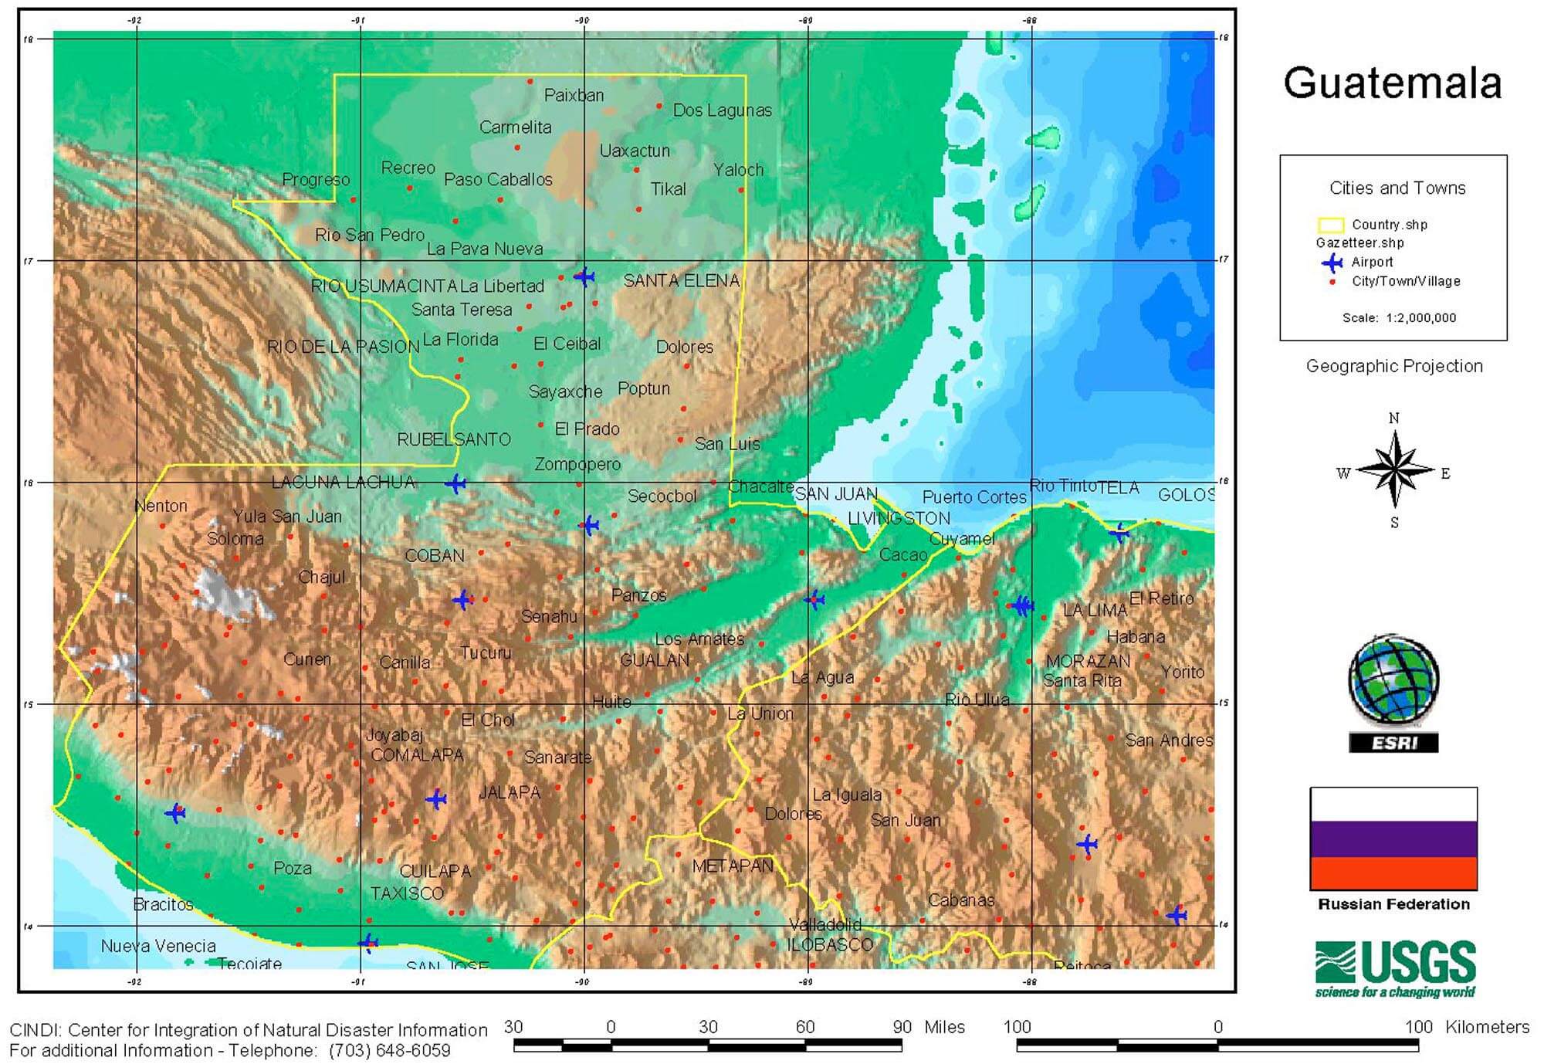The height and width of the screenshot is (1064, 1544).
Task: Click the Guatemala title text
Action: (1392, 83)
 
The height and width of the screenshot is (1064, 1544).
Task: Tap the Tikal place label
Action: (668, 189)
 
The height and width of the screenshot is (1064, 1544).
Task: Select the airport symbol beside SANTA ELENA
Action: (584, 276)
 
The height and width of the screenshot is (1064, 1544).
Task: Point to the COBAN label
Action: (435, 556)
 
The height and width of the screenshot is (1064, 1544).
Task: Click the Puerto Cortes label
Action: (974, 497)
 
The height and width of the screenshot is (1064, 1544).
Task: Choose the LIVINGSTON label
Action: (899, 518)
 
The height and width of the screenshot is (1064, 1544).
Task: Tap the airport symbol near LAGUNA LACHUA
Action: (455, 484)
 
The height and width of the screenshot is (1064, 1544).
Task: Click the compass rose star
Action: (1394, 470)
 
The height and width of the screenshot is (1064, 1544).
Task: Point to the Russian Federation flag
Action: (1393, 839)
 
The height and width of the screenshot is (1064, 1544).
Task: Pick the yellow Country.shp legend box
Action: (1330, 225)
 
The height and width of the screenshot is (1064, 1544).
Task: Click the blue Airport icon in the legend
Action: (1332, 263)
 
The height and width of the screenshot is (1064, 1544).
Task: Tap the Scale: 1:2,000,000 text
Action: (1399, 318)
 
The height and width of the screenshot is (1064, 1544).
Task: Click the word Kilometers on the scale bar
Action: (1487, 1027)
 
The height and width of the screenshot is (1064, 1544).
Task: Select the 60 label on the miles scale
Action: (804, 1026)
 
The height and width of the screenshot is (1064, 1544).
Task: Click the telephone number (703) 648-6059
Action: (389, 1051)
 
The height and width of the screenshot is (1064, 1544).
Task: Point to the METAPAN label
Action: (732, 866)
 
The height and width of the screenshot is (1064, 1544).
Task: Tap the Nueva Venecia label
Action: (158, 946)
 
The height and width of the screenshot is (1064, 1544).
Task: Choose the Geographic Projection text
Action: (1394, 366)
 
